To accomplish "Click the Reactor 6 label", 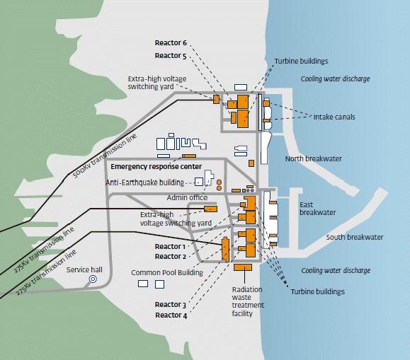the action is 171,43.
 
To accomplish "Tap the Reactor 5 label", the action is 171,56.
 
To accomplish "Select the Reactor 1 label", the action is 170,246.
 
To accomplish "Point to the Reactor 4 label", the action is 171,315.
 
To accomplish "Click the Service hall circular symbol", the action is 93,279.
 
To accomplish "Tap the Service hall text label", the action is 84,269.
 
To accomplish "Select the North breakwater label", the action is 313,158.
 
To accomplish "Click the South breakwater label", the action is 355,237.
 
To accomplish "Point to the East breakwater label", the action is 318,209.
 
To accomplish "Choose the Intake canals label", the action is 334,117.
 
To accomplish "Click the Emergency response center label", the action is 156,167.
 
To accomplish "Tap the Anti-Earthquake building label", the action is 145,182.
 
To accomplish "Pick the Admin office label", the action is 187,197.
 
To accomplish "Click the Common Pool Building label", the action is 167,273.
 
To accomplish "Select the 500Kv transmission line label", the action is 105,156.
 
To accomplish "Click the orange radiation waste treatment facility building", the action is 243,267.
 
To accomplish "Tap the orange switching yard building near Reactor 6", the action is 216,99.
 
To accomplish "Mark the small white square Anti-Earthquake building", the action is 199,182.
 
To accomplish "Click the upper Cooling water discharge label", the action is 335,79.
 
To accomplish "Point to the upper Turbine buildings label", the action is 301,61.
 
